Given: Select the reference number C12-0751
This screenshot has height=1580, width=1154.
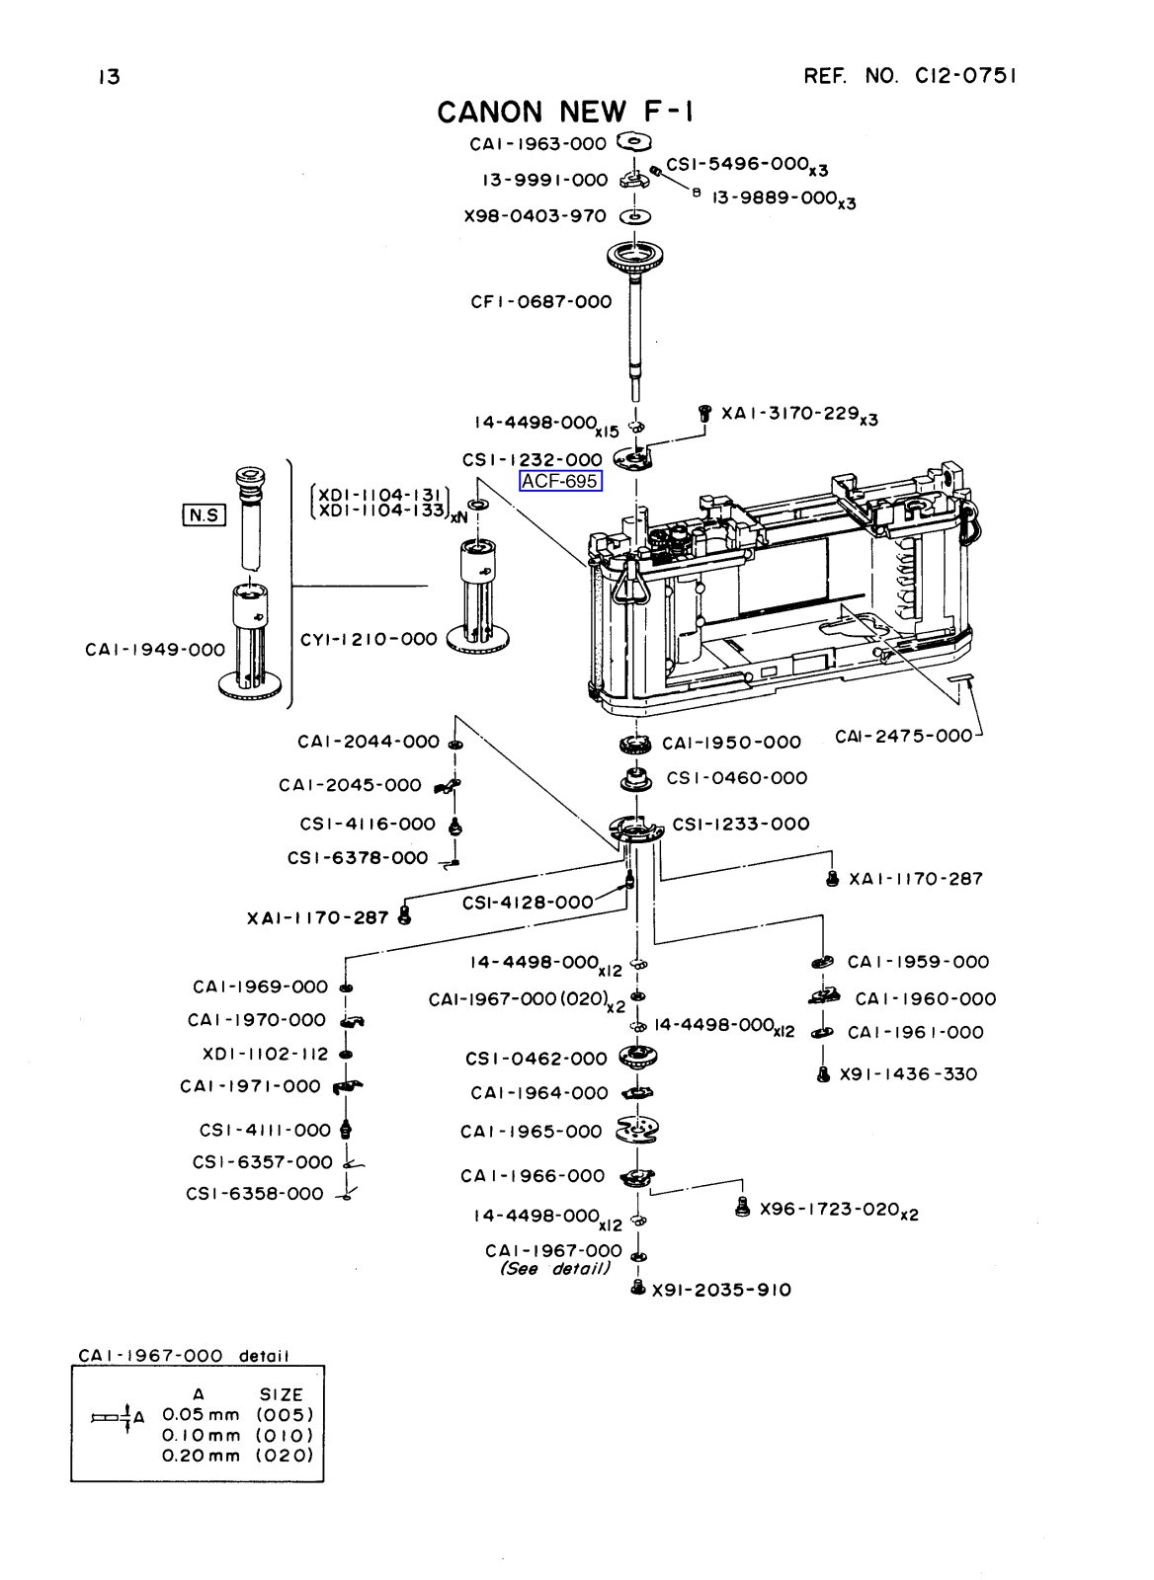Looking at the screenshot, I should click(x=911, y=76).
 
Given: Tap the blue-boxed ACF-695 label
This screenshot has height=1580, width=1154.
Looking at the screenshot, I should click(x=560, y=482).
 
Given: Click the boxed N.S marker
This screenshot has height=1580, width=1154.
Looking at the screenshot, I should click(x=204, y=514).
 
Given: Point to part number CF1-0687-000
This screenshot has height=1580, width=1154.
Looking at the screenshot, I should click(x=541, y=302).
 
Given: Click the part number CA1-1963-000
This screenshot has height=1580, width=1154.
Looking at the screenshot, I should click(x=537, y=144).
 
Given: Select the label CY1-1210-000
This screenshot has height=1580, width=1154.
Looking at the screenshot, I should click(x=369, y=639).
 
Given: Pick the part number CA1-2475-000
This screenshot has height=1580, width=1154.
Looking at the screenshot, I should click(x=903, y=736).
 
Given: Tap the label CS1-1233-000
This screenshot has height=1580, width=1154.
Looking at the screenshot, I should click(x=740, y=824).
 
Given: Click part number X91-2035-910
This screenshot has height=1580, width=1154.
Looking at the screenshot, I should click(x=721, y=1290).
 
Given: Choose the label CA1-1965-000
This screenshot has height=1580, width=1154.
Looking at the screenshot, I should click(x=531, y=1132).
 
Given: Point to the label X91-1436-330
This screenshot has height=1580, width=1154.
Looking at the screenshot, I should click(x=908, y=1074).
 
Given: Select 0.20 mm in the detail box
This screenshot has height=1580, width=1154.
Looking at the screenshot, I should click(x=202, y=1455).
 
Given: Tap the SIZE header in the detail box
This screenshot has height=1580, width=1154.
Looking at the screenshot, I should click(x=281, y=1395).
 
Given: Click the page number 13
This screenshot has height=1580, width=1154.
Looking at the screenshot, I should click(x=109, y=77).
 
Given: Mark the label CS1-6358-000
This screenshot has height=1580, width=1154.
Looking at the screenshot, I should click(x=255, y=1194).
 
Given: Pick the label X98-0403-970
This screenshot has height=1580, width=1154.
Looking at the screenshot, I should click(x=535, y=216).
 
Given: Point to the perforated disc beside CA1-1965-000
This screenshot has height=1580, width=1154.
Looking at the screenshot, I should click(x=638, y=1130).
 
